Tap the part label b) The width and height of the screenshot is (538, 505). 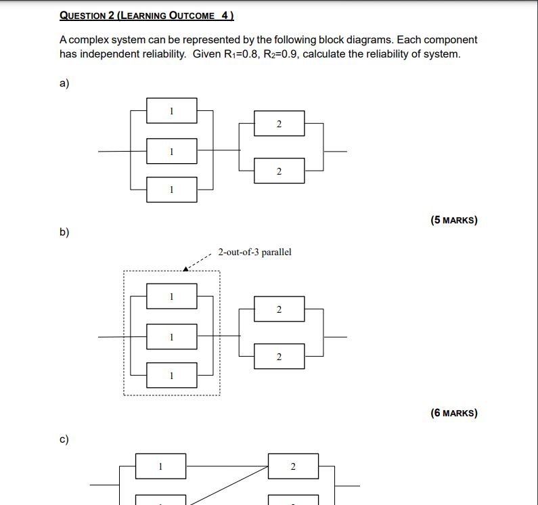pos(64,232)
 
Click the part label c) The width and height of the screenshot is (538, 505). pos(64,439)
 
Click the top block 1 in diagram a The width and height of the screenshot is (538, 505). pos(172,110)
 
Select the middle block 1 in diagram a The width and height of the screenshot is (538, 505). pos(172,151)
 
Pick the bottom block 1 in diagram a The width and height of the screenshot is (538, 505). pos(172,190)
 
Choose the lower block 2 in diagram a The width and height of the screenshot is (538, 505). pos(279,171)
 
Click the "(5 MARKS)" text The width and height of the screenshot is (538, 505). pos(453,220)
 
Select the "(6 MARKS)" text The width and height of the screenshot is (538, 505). pos(453,413)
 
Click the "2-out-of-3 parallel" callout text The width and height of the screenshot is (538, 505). pos(254,252)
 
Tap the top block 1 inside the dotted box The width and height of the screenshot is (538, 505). pos(172,296)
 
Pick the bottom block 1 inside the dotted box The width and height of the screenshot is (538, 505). pos(172,374)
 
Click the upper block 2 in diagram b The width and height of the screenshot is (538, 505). pos(279,309)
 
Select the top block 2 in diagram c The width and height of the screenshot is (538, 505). pos(293,466)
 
